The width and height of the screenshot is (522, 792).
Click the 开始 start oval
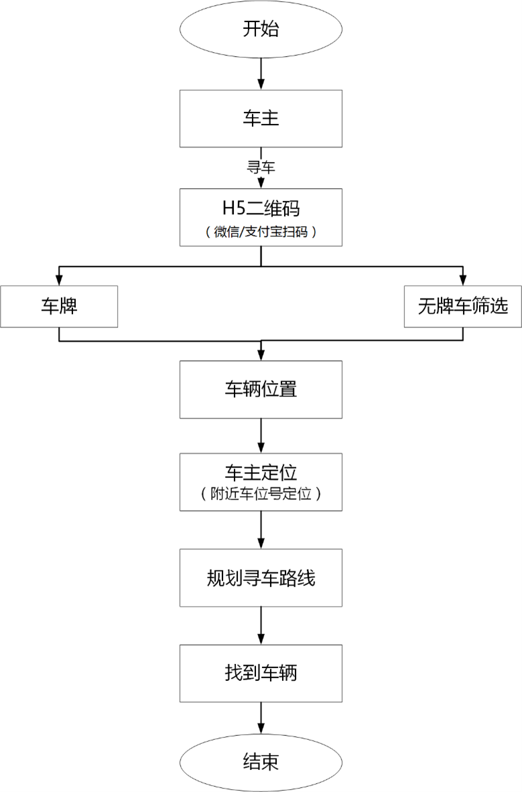pyautogui.click(x=261, y=29)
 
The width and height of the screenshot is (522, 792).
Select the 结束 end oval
pyautogui.click(x=261, y=762)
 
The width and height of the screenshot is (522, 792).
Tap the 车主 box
pyautogui.click(x=261, y=118)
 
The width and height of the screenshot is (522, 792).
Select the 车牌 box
pyautogui.click(x=59, y=307)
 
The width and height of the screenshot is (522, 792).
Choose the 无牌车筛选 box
pyautogui.click(x=462, y=307)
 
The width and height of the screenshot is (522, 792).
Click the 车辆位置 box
pyautogui.click(x=261, y=389)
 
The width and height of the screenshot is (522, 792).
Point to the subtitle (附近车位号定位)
pyautogui.click(x=261, y=495)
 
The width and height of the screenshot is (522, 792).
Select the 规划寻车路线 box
pyautogui.click(x=261, y=577)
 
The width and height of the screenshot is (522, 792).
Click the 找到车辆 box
pyautogui.click(x=261, y=672)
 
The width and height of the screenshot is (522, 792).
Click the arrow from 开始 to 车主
pyautogui.click(x=261, y=74)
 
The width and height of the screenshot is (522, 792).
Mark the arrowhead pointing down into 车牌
pyautogui.click(x=59, y=281)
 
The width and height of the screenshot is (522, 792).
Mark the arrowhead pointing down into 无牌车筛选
pyautogui.click(x=462, y=281)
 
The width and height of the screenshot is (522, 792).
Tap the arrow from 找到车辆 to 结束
pyautogui.click(x=261, y=720)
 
